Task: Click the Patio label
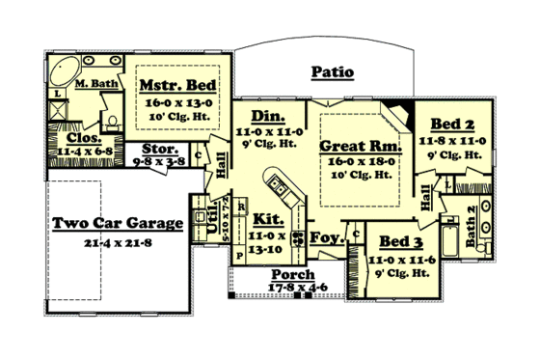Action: point(333,72)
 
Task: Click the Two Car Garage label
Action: point(119,224)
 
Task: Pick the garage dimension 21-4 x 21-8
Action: point(118,241)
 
